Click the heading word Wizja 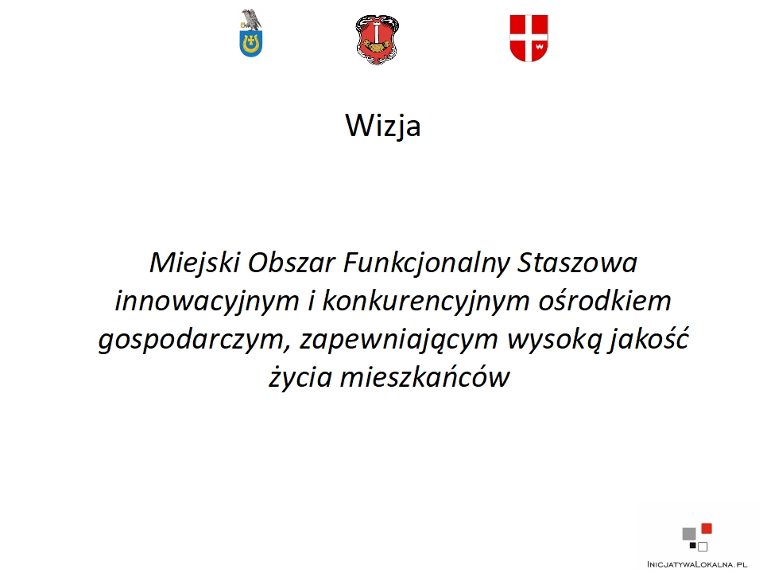point(383,126)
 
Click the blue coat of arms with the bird point(251,33)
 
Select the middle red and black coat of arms point(377,40)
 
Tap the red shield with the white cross point(529,38)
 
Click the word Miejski point(195,263)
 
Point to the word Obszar point(292,263)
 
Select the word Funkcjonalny point(426,263)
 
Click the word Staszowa point(577,263)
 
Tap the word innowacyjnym point(207,302)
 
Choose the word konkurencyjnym point(426,302)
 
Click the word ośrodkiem point(605,301)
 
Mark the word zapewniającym point(399,340)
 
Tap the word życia point(300,377)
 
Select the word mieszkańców point(424,376)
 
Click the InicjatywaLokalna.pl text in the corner point(697,564)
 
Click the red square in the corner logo point(707,528)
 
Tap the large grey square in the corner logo point(689,534)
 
